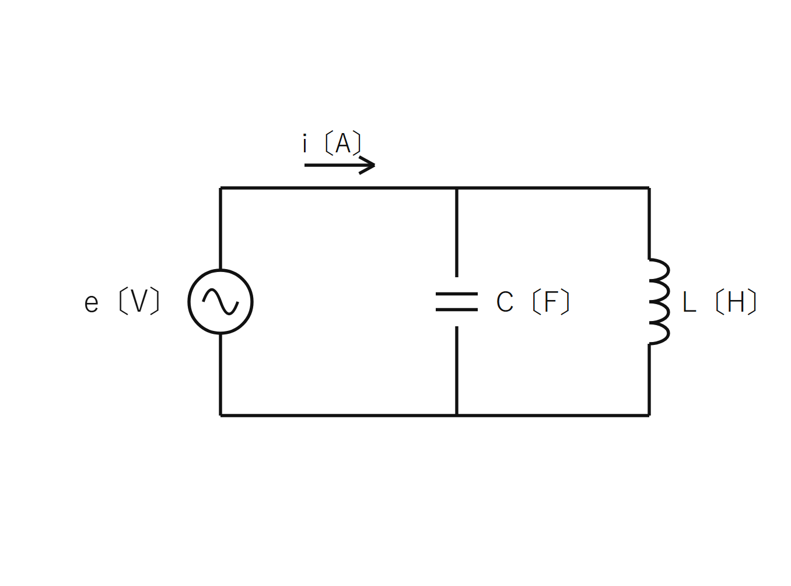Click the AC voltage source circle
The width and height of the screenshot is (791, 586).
pos(188,302)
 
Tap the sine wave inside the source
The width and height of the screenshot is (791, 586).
pos(220,302)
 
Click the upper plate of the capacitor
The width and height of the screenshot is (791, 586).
pos(457,294)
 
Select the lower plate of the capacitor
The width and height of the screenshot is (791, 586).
pos(457,309)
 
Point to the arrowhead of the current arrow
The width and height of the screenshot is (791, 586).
pos(374,165)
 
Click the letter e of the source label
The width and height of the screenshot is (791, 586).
pos(92,304)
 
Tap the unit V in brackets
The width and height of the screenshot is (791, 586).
pos(139,301)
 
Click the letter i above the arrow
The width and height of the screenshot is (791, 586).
pos(304,144)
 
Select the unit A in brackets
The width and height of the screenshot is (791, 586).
pos(343,143)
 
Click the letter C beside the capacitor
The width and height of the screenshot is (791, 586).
pos(505,302)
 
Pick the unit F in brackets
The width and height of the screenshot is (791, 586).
pos(551,302)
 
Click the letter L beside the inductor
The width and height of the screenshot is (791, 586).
pos(689,302)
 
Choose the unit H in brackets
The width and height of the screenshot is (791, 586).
pos(736,302)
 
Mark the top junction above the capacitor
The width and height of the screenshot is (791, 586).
pos(457,188)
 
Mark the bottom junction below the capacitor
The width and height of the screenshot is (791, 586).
pos(457,416)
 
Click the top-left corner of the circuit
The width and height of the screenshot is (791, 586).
pos(220,188)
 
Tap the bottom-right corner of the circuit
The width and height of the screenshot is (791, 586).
pos(649,416)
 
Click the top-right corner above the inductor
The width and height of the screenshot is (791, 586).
pos(649,188)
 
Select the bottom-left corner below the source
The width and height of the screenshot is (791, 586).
pos(220,416)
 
